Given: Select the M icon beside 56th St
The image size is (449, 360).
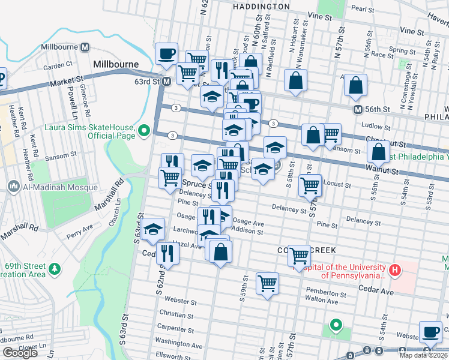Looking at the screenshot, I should point(358,109).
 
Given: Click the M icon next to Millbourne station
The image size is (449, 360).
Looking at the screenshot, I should point(85,47).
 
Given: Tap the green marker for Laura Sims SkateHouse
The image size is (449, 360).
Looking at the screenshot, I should point(143,130).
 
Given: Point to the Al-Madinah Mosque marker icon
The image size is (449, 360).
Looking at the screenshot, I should point(14,187).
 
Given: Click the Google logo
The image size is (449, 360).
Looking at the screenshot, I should point(20,353).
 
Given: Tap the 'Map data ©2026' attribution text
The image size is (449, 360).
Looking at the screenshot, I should point(423,355).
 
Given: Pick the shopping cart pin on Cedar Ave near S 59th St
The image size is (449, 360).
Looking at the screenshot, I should point(267,283).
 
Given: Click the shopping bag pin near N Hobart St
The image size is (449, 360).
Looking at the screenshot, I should point(295,81).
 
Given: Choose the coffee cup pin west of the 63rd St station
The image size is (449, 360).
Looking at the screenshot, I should point(166,54).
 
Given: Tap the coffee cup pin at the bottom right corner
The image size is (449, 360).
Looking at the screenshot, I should point(430,332).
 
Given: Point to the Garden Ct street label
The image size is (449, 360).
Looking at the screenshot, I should point(58,65).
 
